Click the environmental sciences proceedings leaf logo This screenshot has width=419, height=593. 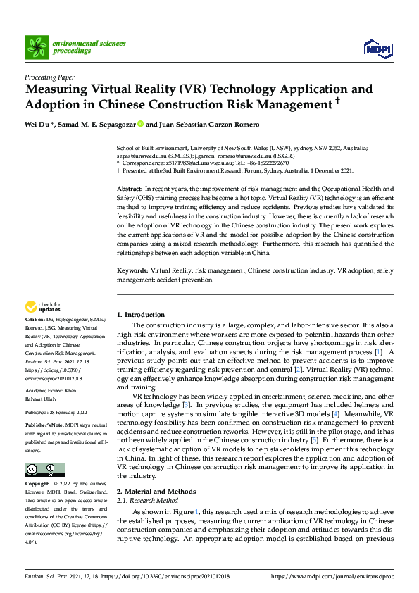(37, 47)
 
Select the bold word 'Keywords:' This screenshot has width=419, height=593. (132, 270)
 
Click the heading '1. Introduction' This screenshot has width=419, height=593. (141, 315)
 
